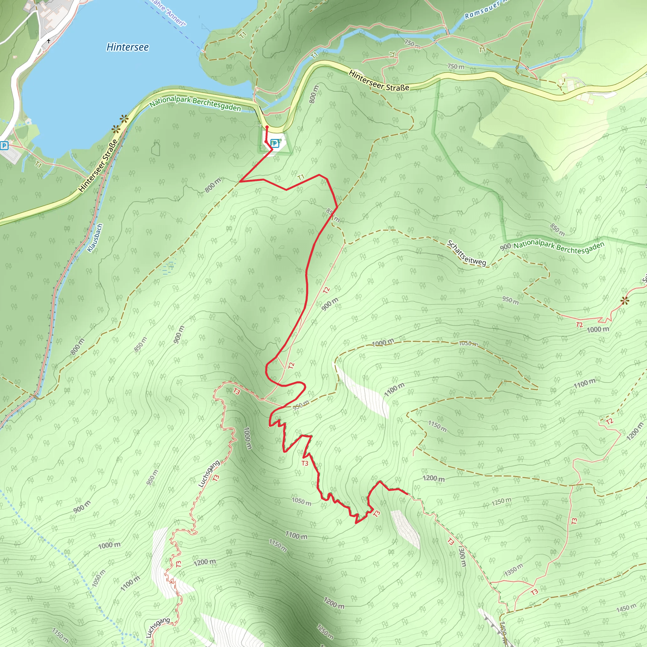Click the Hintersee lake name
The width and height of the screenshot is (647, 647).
tap(128, 47)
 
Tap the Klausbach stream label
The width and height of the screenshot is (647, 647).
tap(95, 238)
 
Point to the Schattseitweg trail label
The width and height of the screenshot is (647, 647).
tap(467, 253)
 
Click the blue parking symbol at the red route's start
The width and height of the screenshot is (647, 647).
tap(275, 143)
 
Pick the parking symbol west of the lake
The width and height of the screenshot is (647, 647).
tap(4, 145)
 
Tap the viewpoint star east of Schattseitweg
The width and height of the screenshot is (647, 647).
tap(625, 301)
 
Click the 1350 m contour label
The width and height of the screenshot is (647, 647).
tap(513, 570)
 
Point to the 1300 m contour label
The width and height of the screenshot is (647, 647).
tap(462, 556)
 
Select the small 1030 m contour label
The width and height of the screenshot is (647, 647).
tap(468, 344)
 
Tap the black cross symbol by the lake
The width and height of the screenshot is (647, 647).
tap(49, 41)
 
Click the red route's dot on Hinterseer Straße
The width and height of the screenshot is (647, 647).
tap(267, 127)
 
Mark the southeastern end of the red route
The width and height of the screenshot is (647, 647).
tap(407, 494)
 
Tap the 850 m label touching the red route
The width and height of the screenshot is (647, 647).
tap(333, 216)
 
